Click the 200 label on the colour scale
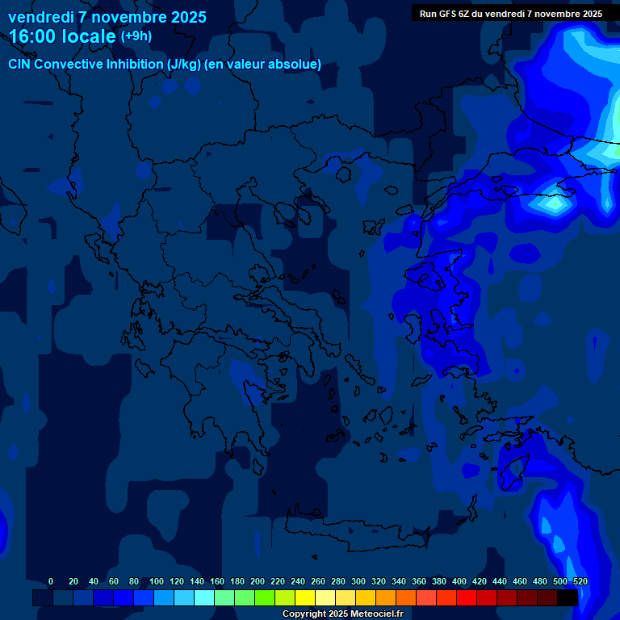pyautogui.click(x=258, y=581)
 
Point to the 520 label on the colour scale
pyautogui.click(x=580, y=581)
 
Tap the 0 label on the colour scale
pyautogui.click(x=51, y=581)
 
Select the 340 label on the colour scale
pyautogui.click(x=399, y=581)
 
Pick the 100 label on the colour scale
pyautogui.click(x=157, y=581)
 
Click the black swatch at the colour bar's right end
pyautogui.click(x=568, y=597)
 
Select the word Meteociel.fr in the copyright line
pyautogui.click(x=375, y=614)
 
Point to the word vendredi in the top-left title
pyautogui.click(x=40, y=17)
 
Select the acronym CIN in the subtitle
pyautogui.click(x=20, y=65)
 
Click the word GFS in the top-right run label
pyautogui.click(x=446, y=14)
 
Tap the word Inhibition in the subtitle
pyautogui.click(x=134, y=65)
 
